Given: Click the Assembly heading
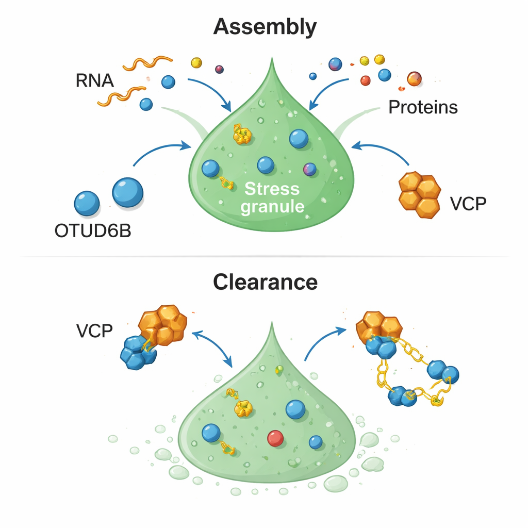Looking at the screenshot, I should tap(265, 27).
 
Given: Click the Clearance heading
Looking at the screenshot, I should tap(265, 283).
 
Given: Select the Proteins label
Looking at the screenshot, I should tap(423, 107).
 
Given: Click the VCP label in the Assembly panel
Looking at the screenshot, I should tap(468, 204).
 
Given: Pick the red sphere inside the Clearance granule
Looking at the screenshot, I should tap(275, 438).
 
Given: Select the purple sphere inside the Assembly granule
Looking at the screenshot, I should tap(310, 169).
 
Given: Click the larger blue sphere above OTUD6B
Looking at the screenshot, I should tap(127, 192).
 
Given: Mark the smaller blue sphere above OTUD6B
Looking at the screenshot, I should tap(87, 203).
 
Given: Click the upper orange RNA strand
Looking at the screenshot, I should tap(147, 63).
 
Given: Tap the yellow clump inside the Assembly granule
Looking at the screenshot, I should tap(241, 135).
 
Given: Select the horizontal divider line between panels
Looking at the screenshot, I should tap(264, 256).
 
